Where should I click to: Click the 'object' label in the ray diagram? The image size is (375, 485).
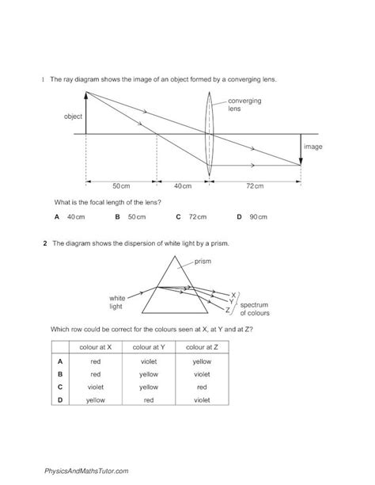pos(74,116)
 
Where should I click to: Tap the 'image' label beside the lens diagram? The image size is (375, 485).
pos(313,147)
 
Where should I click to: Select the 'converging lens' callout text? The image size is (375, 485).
pos(244,105)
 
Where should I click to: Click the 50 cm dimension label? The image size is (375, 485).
pos(121,185)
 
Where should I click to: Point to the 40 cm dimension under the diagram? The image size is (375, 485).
pos(183,185)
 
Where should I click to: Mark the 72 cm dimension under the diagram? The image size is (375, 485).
pos(255,185)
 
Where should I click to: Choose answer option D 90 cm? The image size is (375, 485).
pos(252,216)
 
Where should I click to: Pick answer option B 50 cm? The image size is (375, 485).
pos(131,216)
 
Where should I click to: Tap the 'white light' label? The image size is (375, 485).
pos(119,302)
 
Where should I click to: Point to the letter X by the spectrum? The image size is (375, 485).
pos(233,294)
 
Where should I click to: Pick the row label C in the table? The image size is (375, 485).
pos(59,388)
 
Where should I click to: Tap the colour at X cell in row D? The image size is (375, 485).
pos(95,401)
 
